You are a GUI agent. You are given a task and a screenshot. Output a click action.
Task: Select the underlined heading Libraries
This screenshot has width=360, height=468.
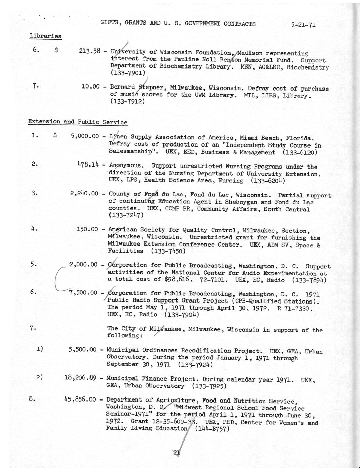point(45,36)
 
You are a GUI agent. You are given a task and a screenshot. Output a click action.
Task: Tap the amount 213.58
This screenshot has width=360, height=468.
point(89,51)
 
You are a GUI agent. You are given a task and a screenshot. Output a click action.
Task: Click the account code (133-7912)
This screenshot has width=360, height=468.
point(127,101)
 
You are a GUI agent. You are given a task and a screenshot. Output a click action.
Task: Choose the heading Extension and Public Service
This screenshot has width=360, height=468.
point(78,122)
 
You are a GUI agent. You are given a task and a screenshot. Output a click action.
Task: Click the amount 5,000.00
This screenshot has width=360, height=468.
point(85,136)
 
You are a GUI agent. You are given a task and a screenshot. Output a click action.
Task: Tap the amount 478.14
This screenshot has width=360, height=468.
point(88,165)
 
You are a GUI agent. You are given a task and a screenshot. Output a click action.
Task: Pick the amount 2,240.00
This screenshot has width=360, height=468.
point(84,194)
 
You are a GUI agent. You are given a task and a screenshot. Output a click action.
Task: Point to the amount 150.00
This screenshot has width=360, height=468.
point(87,229)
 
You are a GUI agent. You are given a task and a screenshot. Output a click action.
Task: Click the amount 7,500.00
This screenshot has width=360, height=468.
point(83,293)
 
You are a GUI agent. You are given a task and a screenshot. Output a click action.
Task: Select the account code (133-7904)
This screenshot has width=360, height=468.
point(181,315)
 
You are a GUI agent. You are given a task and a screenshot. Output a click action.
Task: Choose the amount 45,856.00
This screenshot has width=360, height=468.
point(81,399)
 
